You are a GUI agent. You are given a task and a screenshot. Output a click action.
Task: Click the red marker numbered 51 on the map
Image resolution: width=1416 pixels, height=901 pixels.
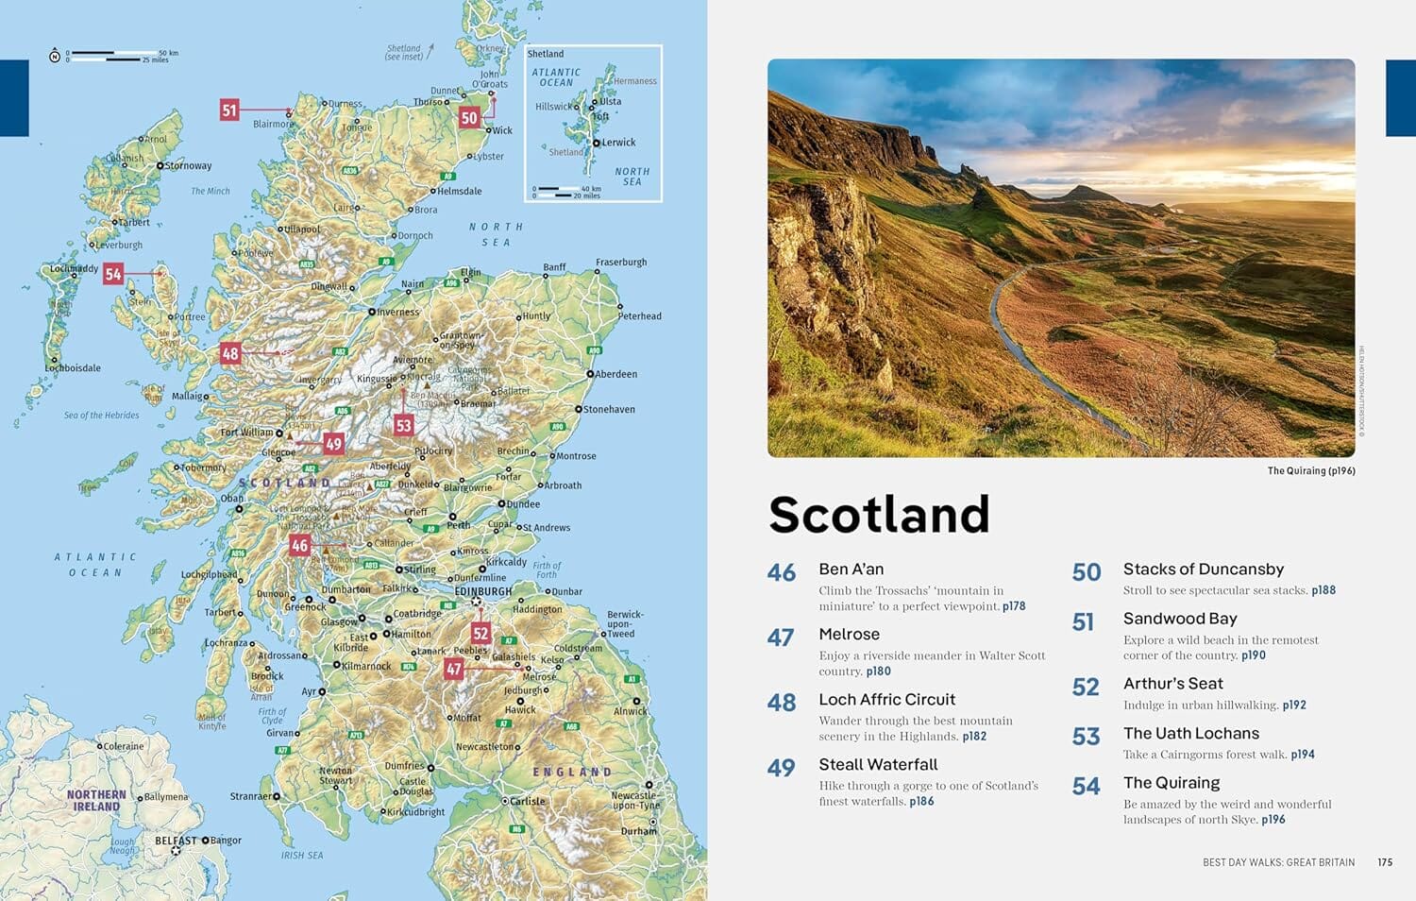click(x=229, y=110)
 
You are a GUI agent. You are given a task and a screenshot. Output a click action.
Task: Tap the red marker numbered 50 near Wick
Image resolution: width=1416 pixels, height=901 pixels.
click(x=469, y=118)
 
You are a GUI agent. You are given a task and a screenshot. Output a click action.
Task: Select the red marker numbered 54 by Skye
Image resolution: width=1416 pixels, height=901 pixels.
click(x=113, y=274)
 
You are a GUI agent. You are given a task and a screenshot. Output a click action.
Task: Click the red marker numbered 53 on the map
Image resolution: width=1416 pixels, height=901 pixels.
click(x=404, y=425)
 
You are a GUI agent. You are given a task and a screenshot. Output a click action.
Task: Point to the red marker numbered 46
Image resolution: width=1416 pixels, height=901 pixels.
click(x=300, y=545)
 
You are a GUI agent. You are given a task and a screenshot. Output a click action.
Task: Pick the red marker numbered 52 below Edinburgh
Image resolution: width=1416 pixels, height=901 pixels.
click(x=481, y=633)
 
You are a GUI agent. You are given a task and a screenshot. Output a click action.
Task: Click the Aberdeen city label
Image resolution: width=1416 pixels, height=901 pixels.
click(x=615, y=374)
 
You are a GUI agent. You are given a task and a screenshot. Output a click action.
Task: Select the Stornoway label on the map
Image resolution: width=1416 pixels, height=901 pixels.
click(x=188, y=165)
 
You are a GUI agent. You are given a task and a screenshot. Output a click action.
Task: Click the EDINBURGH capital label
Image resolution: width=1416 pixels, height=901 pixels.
click(x=483, y=591)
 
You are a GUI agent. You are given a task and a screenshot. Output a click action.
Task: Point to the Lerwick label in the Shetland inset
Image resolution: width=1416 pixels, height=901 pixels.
click(x=618, y=143)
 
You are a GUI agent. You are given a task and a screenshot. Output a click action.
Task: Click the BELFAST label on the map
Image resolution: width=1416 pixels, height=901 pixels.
click(x=177, y=840)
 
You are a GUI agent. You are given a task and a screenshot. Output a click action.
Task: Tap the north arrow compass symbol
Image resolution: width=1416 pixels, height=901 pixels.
click(x=55, y=57)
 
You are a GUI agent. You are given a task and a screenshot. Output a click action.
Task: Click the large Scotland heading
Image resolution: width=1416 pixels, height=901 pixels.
click(x=879, y=515)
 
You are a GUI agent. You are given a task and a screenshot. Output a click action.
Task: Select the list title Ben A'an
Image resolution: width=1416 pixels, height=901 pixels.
click(x=851, y=569)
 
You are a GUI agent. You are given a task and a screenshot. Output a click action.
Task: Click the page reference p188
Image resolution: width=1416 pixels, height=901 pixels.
click(x=1323, y=590)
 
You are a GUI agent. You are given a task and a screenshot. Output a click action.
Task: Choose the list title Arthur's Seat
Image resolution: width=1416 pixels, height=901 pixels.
click(x=1172, y=684)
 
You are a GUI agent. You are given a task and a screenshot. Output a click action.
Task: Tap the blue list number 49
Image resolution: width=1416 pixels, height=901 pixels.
click(x=781, y=768)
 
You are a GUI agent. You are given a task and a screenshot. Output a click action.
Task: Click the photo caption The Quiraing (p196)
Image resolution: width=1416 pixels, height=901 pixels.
click(x=1310, y=470)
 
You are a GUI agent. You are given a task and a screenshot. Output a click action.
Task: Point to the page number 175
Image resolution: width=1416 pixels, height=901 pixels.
click(x=1385, y=862)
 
